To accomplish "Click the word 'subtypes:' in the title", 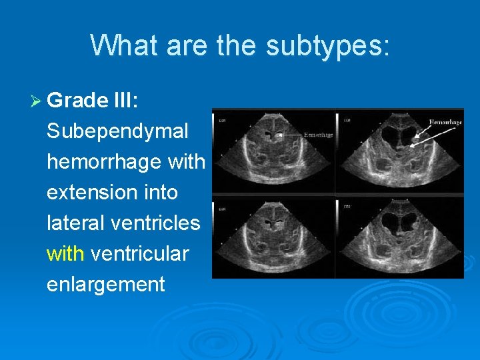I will (327, 45).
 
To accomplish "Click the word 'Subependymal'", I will (117, 131).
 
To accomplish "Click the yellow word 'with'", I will (65, 254).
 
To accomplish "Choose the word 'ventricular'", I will (139, 254).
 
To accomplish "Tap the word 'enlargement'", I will (105, 285).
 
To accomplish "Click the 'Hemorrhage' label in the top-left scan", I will (318, 135).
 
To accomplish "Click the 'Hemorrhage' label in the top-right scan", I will (446, 123).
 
